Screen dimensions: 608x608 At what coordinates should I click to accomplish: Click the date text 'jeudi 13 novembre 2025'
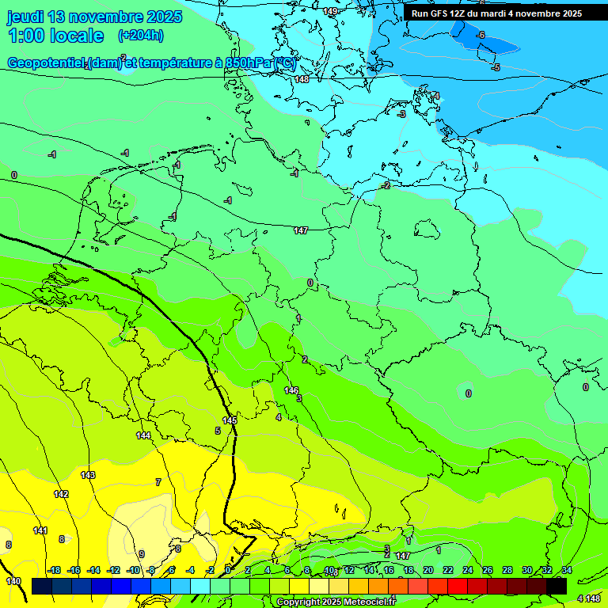[x=94, y=17]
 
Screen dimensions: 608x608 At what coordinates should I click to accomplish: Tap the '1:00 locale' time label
[x=55, y=36]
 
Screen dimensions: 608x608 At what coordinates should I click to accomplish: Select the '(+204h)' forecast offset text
[x=140, y=35]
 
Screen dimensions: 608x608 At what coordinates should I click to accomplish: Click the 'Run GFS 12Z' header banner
[x=496, y=13]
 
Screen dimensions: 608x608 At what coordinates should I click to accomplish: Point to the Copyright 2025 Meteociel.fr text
[x=336, y=602]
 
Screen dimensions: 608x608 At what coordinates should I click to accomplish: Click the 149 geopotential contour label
[x=330, y=11]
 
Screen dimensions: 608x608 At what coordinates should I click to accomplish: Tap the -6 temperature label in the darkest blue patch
[x=480, y=36]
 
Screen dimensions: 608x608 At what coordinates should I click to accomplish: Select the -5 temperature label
[x=496, y=67]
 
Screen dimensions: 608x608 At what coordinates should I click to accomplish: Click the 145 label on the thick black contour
[x=230, y=420]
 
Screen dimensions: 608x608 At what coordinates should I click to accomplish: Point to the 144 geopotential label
[x=143, y=435]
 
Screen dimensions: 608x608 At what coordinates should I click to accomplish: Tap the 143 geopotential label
[x=88, y=475]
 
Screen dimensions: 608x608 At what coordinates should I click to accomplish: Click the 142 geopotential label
[x=61, y=494]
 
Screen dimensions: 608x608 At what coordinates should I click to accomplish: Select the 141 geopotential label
[x=40, y=530]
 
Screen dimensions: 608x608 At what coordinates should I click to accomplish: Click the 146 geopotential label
[x=291, y=390]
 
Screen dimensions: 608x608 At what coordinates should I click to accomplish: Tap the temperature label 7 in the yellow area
[x=158, y=481]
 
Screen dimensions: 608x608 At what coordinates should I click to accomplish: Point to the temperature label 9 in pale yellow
[x=142, y=554]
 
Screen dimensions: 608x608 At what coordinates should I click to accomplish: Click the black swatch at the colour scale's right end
[x=556, y=585]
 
